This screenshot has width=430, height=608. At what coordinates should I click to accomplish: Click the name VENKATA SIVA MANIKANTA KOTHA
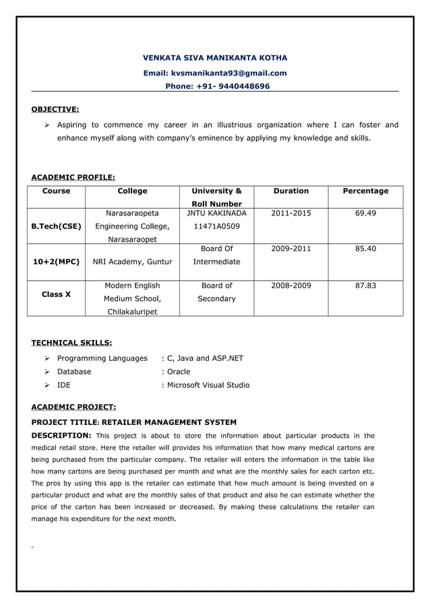pos(215,58)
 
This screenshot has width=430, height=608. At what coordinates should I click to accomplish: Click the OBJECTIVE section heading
pos(55,108)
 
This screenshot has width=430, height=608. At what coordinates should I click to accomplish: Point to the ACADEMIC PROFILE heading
pos(73,178)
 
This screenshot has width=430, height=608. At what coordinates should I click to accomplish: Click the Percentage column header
pos(365,191)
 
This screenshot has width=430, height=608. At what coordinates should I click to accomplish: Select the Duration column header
pos(291,191)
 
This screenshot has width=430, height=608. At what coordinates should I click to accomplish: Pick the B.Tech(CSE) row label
pos(56,226)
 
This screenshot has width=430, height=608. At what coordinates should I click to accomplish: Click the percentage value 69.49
pos(365,213)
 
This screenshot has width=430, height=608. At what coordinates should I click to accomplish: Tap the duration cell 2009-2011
pos(291,248)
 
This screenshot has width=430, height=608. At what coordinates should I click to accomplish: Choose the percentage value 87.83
pos(365,285)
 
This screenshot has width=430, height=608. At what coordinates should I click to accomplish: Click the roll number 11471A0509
pos(216,226)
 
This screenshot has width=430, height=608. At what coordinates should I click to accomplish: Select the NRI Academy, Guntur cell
pos(132,261)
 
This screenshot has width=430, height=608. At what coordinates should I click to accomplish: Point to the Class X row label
pos(56,294)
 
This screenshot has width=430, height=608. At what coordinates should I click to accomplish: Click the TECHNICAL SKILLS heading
pos(72,343)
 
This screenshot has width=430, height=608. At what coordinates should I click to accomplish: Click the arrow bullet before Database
pos(48,372)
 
